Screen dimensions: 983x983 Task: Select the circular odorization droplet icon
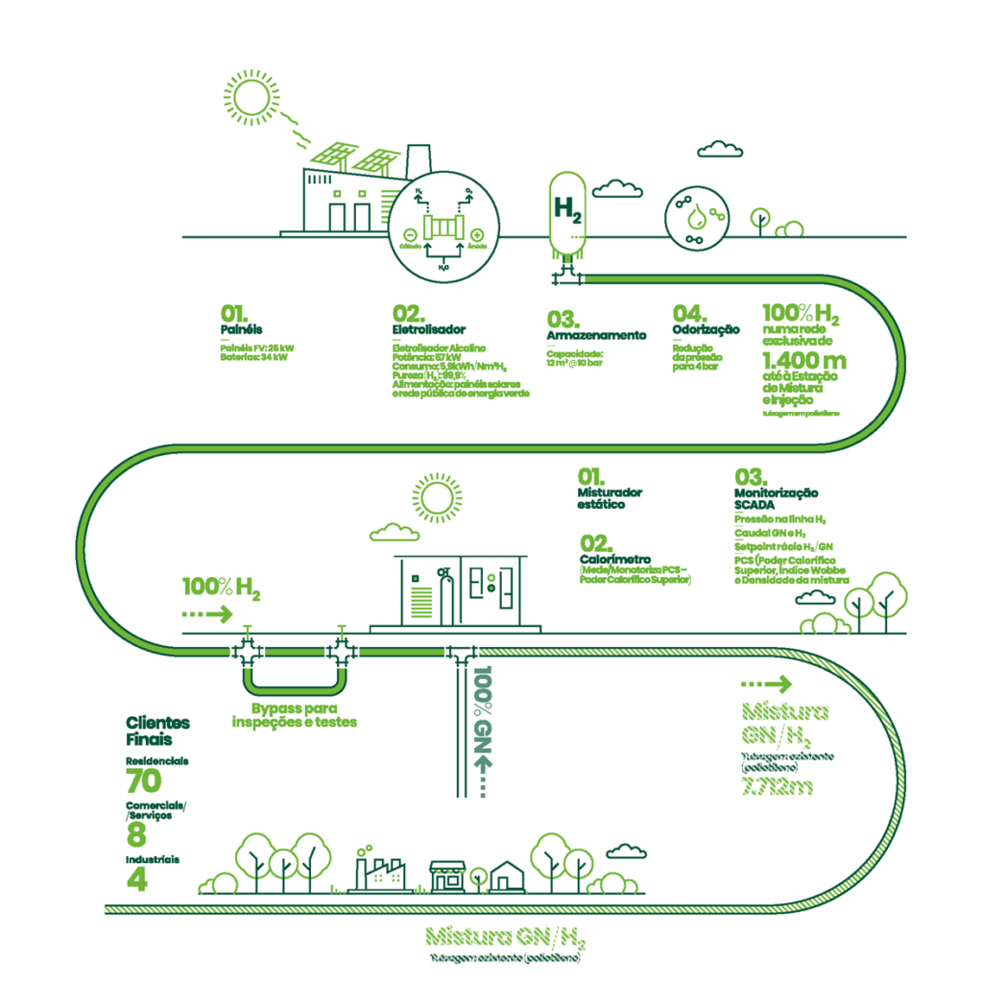point(697,217)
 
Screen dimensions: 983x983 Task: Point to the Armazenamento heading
point(596,335)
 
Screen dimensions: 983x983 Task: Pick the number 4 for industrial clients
point(136,879)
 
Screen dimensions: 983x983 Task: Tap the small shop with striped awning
point(447,875)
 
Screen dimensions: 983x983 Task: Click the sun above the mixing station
point(437,498)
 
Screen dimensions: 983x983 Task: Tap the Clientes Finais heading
point(158,731)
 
